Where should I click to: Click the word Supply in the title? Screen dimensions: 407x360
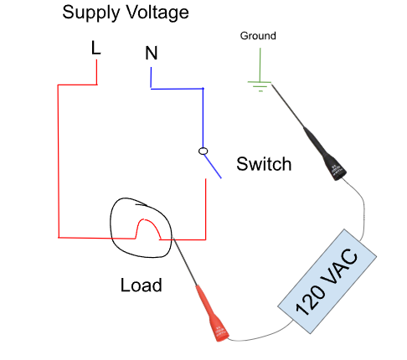(x=90, y=13)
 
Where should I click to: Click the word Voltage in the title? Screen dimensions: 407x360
(x=157, y=13)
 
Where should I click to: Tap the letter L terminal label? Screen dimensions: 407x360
(x=95, y=48)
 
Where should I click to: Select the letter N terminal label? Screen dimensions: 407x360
(x=152, y=53)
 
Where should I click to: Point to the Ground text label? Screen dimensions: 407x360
(x=258, y=36)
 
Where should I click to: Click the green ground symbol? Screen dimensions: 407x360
(x=260, y=86)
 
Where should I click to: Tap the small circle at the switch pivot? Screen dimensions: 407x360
(x=203, y=151)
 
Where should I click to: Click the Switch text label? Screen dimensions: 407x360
(x=264, y=164)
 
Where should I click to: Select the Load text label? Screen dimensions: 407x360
(x=141, y=285)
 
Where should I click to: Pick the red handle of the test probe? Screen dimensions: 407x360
(x=212, y=313)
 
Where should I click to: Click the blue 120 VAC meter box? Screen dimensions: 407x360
(x=327, y=281)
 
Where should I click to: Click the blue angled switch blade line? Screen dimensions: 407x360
(x=213, y=167)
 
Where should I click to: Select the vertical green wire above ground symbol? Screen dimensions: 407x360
(x=260, y=64)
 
